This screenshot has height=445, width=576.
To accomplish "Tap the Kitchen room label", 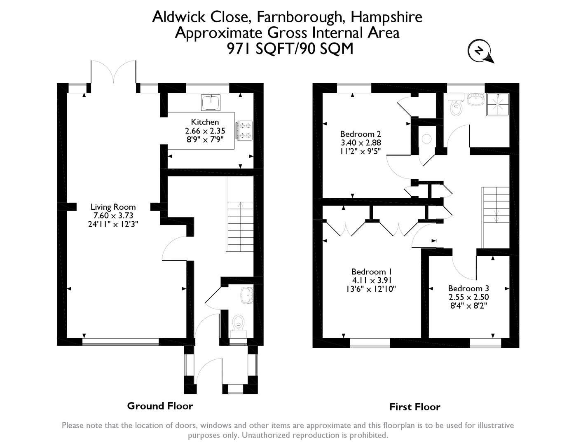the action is click(x=205, y=122).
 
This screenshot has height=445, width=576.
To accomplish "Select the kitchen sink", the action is click(x=211, y=102).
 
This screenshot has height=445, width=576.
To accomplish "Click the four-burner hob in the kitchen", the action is click(x=244, y=130).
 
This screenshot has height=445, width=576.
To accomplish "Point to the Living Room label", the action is click(x=113, y=207).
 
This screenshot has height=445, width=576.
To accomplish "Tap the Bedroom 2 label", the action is click(x=361, y=134).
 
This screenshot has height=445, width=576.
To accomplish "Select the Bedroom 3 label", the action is click(x=468, y=288).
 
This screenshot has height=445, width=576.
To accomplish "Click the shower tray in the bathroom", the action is click(x=498, y=104).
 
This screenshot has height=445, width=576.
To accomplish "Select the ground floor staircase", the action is click(x=240, y=214).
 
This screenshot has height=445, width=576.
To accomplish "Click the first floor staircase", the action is click(x=495, y=217).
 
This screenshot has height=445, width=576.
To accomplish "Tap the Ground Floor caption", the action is click(x=160, y=406).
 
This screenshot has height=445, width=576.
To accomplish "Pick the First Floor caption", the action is click(x=415, y=407).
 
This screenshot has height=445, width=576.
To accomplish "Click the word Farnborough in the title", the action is click(x=299, y=17).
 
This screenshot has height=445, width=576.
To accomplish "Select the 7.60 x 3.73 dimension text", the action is click(x=113, y=215).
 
